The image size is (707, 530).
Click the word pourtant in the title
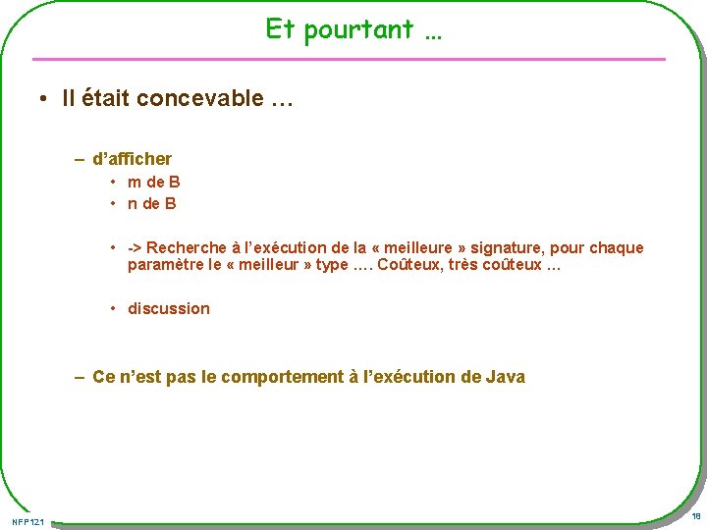pyautogui.click(x=358, y=30)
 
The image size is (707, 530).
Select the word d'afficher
pyautogui.click(x=132, y=159)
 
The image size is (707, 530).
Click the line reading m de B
pyautogui.click(x=153, y=182)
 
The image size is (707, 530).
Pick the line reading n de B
pyautogui.click(x=152, y=204)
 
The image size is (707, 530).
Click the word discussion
pyautogui.click(x=169, y=309)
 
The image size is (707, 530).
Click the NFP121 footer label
pyautogui.click(x=27, y=520)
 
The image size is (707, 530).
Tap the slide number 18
pyautogui.click(x=695, y=516)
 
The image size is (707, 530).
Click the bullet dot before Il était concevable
pyautogui.click(x=45, y=99)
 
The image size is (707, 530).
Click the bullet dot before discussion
pyautogui.click(x=114, y=309)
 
